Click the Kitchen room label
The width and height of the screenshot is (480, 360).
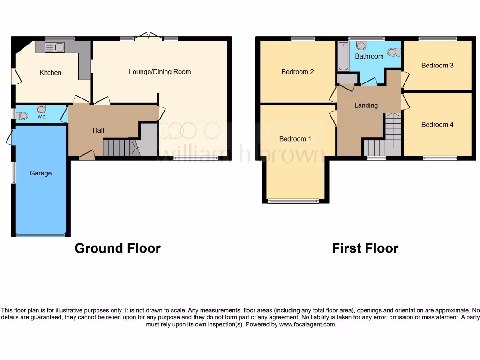tap(50, 73)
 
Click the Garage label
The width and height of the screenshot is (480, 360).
tap(41, 173)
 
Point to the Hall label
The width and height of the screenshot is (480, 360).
tap(98, 130)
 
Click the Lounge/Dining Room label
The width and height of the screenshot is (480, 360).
tap(160, 72)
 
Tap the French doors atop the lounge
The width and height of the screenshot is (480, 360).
tap(148, 36)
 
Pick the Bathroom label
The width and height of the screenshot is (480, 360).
tap(369, 56)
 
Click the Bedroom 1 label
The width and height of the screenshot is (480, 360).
tap(295, 139)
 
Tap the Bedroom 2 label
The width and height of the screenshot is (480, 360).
tap(297, 72)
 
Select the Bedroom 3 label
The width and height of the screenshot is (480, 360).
tap(437, 65)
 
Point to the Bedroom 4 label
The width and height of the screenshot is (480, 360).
tap(437, 124)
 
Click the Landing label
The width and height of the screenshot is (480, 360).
tap(366, 105)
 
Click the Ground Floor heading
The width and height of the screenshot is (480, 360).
tap(118, 248)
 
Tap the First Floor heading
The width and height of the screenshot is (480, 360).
tap(365, 248)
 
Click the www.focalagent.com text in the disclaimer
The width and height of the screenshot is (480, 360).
tap(307, 324)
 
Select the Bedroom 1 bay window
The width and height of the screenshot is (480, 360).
tap(293, 202)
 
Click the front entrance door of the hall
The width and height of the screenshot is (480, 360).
tap(87, 155)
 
